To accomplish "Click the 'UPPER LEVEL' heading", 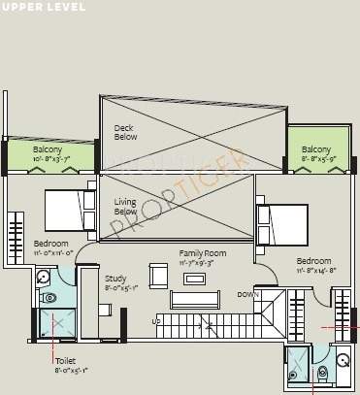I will click(x=44, y=7).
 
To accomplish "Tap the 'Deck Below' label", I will click(x=124, y=132).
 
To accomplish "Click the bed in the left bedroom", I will click(x=70, y=209).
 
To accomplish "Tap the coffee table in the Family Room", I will click(x=194, y=278).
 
